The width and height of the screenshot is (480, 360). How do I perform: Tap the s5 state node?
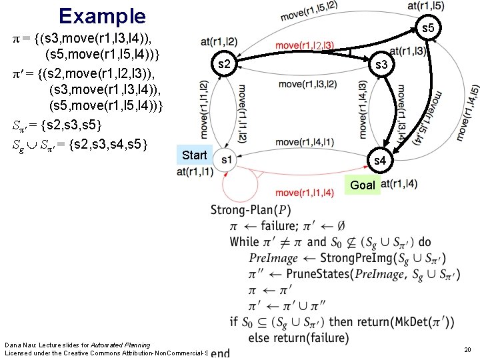[x=427, y=28]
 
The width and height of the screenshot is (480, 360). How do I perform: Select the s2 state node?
[x=225, y=64]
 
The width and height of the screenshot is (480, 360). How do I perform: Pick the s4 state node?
[x=379, y=161]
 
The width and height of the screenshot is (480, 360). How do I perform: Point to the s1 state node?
[x=227, y=159]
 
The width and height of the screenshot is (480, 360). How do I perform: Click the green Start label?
[x=194, y=155]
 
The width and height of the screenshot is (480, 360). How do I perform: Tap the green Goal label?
[x=363, y=185]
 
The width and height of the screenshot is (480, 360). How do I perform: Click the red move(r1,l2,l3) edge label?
[x=305, y=46]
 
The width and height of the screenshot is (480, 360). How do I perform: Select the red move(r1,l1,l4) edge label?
[x=305, y=193]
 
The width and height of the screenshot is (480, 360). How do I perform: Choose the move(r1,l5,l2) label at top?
[x=309, y=10]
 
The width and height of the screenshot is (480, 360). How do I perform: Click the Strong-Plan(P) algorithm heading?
[x=251, y=209]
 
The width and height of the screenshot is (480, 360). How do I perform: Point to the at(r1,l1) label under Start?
[x=195, y=172]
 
